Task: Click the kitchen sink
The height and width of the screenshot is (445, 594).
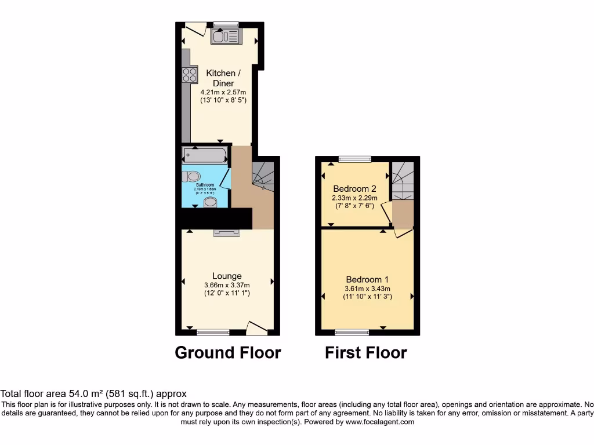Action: tap(226, 37)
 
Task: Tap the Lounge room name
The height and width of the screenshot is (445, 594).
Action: tap(227, 276)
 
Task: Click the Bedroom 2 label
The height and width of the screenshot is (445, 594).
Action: tap(354, 189)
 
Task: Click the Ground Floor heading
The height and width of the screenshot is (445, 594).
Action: tap(228, 352)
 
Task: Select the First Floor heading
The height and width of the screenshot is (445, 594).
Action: tap(366, 352)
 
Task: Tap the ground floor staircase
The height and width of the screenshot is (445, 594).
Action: tap(263, 174)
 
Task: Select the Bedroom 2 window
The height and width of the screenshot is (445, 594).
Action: tap(355, 158)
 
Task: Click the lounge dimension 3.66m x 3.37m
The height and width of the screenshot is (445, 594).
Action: tap(227, 285)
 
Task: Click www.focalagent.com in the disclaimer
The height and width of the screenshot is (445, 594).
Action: tap(379, 422)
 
